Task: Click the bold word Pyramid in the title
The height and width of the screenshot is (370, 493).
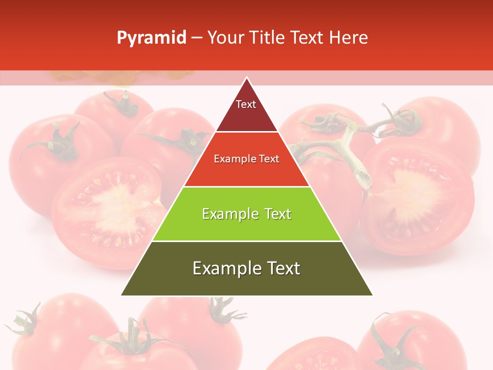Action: (x=151, y=38)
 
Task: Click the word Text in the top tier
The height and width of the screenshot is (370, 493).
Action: (x=245, y=104)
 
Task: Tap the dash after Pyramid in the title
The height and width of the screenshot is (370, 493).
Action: (x=197, y=38)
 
